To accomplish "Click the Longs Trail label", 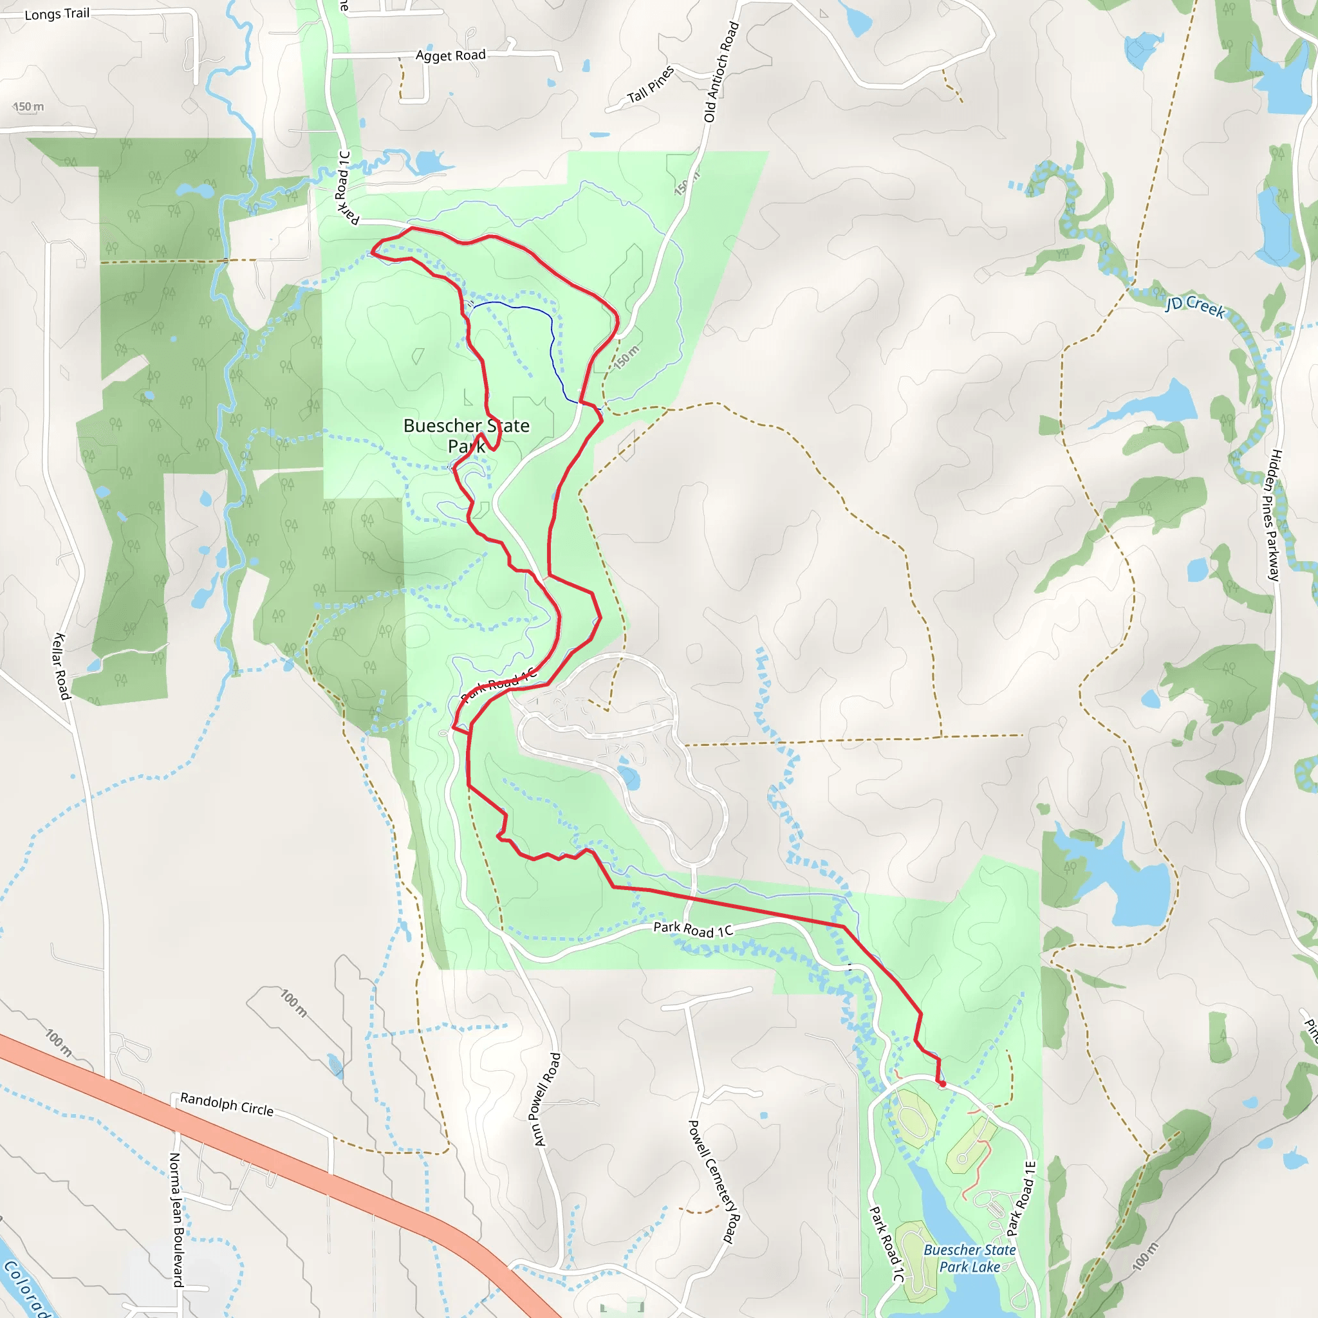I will click(x=57, y=14).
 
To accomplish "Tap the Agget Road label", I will click(x=450, y=55).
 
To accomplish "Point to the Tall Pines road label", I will click(x=650, y=84).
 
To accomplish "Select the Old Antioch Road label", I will click(x=721, y=71).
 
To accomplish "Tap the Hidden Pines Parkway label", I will click(x=1273, y=515).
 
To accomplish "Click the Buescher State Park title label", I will click(x=466, y=435).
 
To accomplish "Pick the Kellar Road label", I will click(x=61, y=666).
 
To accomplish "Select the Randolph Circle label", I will click(x=227, y=1104).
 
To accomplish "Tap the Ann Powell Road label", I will click(x=546, y=1099).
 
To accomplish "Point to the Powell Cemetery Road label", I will click(x=714, y=1182).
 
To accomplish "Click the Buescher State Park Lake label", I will click(x=969, y=1258).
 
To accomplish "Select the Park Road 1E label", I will click(x=1021, y=1198).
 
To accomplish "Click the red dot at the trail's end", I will click(x=942, y=1083).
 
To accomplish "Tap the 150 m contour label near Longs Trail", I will click(x=29, y=106).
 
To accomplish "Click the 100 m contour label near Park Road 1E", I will click(x=1146, y=1256).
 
